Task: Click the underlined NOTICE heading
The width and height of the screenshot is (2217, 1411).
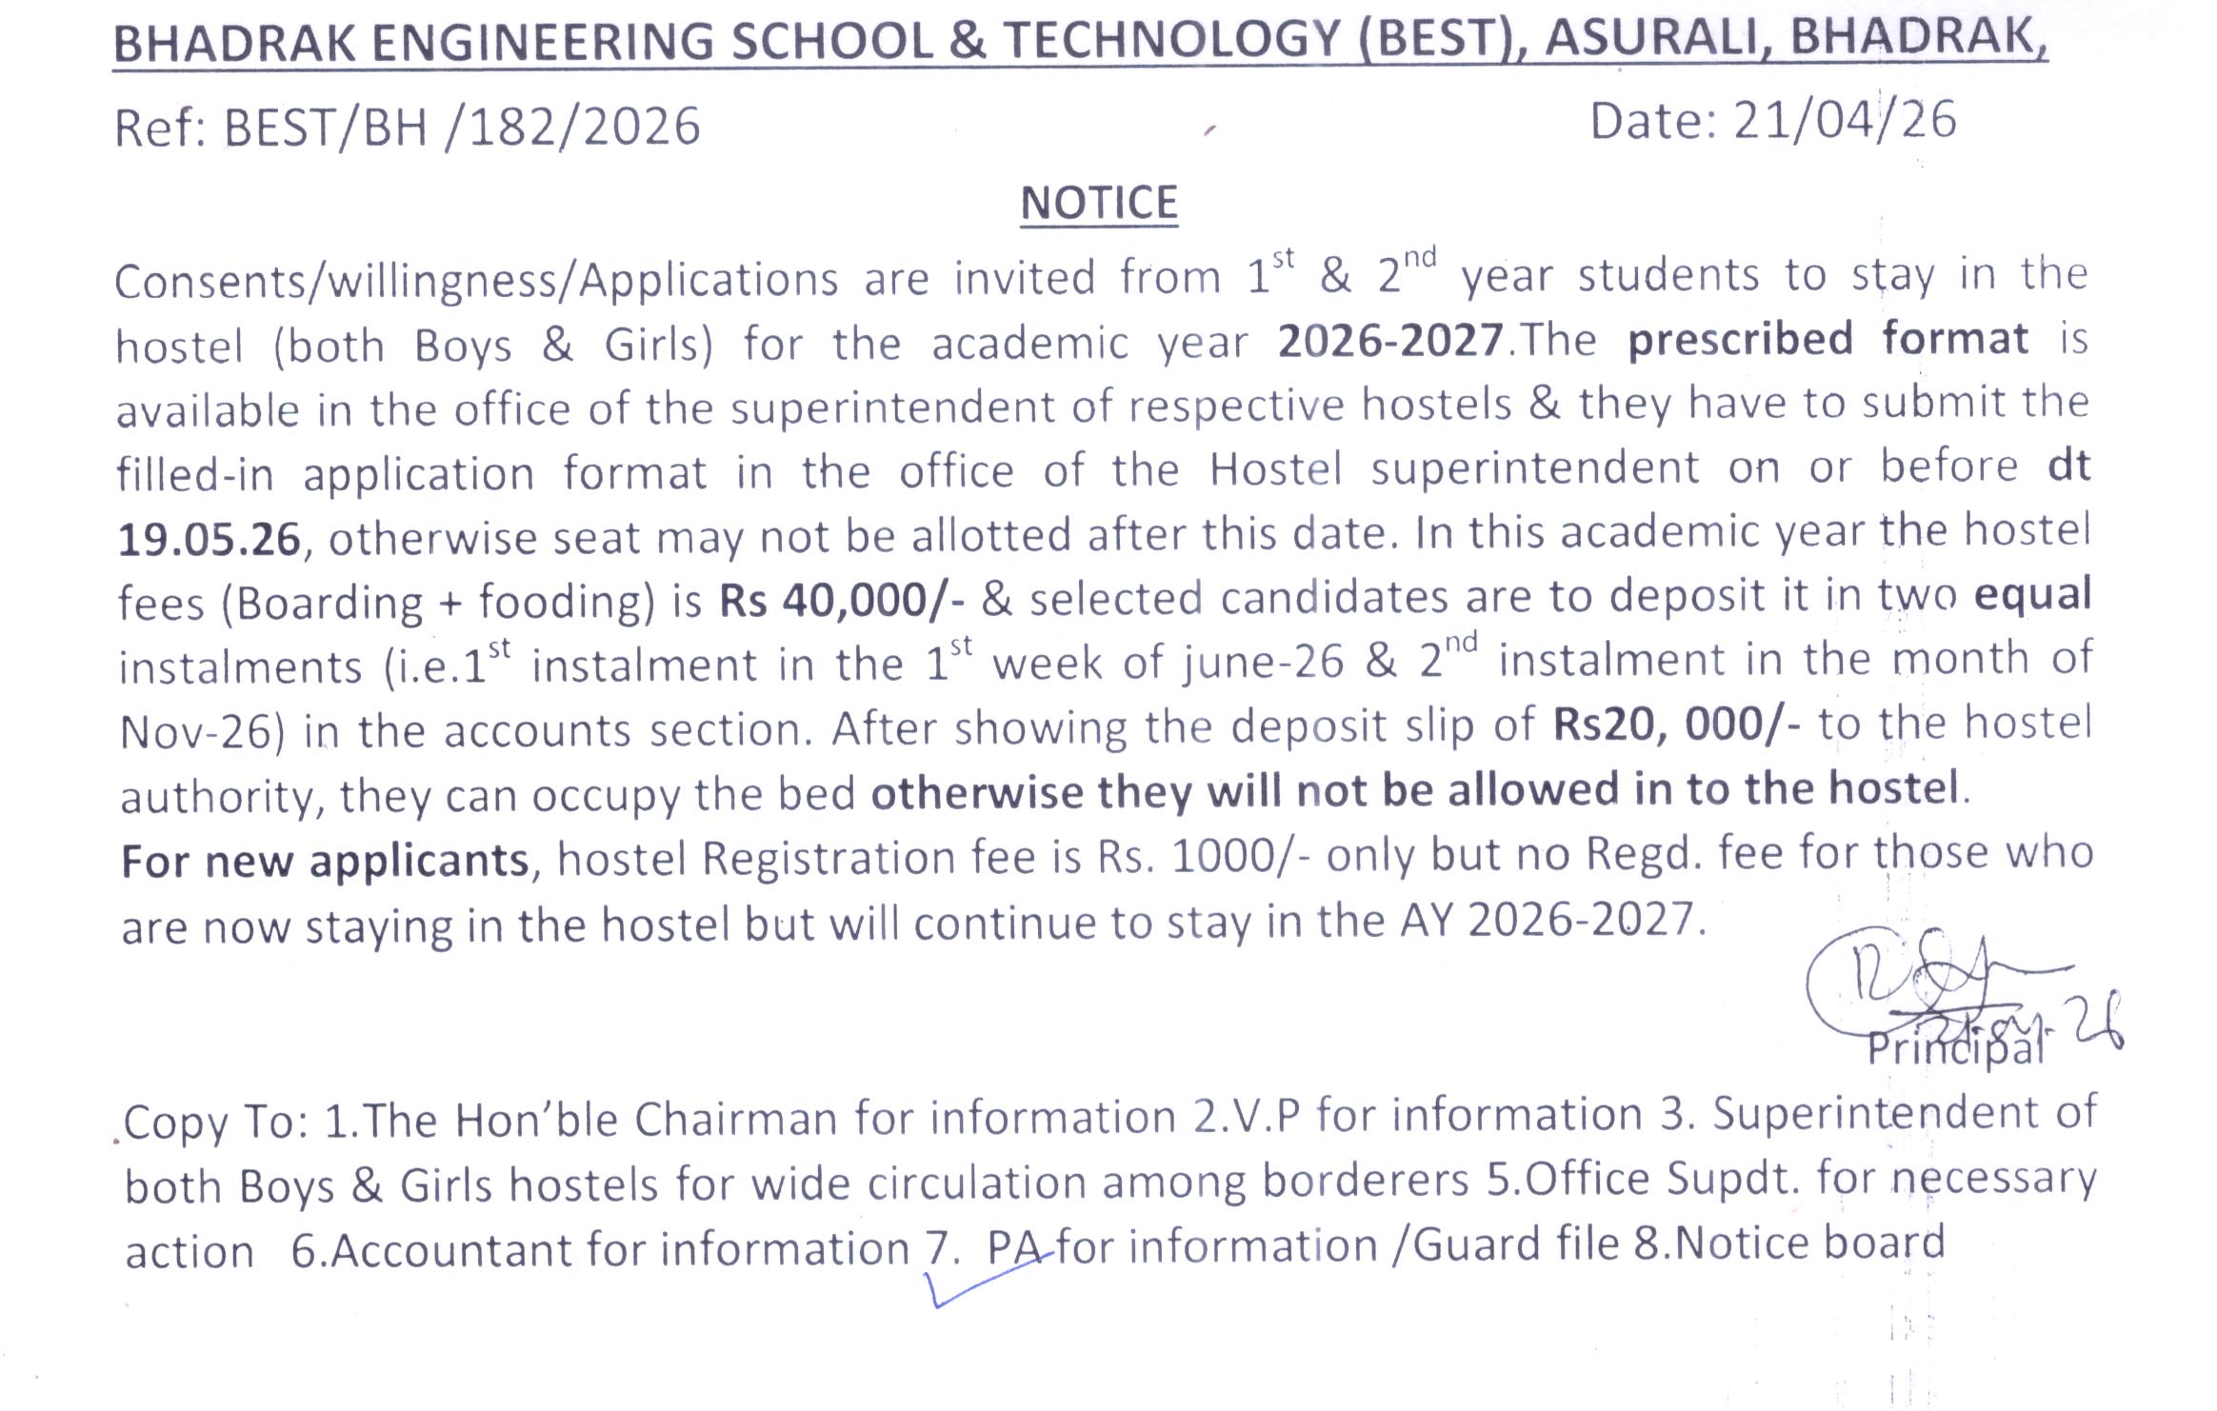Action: tap(1099, 204)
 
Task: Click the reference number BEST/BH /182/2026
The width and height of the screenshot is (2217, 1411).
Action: tap(462, 128)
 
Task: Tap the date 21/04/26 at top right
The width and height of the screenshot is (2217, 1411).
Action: tap(1845, 121)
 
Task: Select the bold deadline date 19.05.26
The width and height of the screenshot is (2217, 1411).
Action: tap(210, 540)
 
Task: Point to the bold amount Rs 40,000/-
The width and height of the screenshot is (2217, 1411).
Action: tap(842, 601)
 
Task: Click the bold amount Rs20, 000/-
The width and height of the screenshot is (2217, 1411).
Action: tap(1676, 725)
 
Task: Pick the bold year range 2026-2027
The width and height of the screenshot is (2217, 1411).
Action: tap(1390, 341)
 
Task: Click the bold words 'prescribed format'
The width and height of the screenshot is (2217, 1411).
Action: tap(1828, 340)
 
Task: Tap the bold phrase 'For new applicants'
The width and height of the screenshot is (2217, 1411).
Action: tap(325, 861)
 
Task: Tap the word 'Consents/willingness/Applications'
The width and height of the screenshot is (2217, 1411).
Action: tap(476, 281)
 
